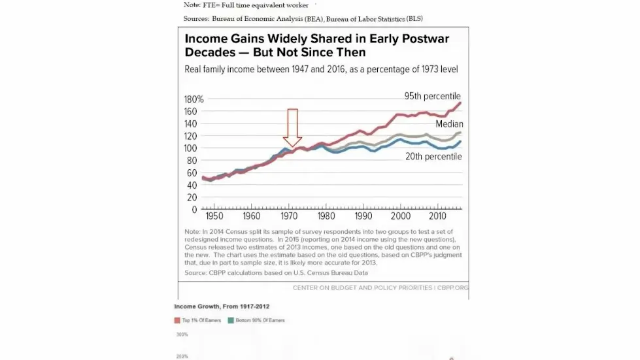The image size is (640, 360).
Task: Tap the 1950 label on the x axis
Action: [214, 216]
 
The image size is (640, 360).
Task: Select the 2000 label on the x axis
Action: [401, 216]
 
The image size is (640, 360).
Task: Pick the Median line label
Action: [449, 124]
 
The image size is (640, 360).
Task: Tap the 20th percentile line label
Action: [433, 157]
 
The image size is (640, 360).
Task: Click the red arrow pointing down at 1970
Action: [293, 127]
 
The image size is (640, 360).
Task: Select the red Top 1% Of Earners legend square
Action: [177, 320]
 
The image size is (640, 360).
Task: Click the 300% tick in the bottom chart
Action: [182, 335]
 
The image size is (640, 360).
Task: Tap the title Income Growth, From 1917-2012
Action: [222, 306]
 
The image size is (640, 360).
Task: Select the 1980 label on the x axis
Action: [326, 216]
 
